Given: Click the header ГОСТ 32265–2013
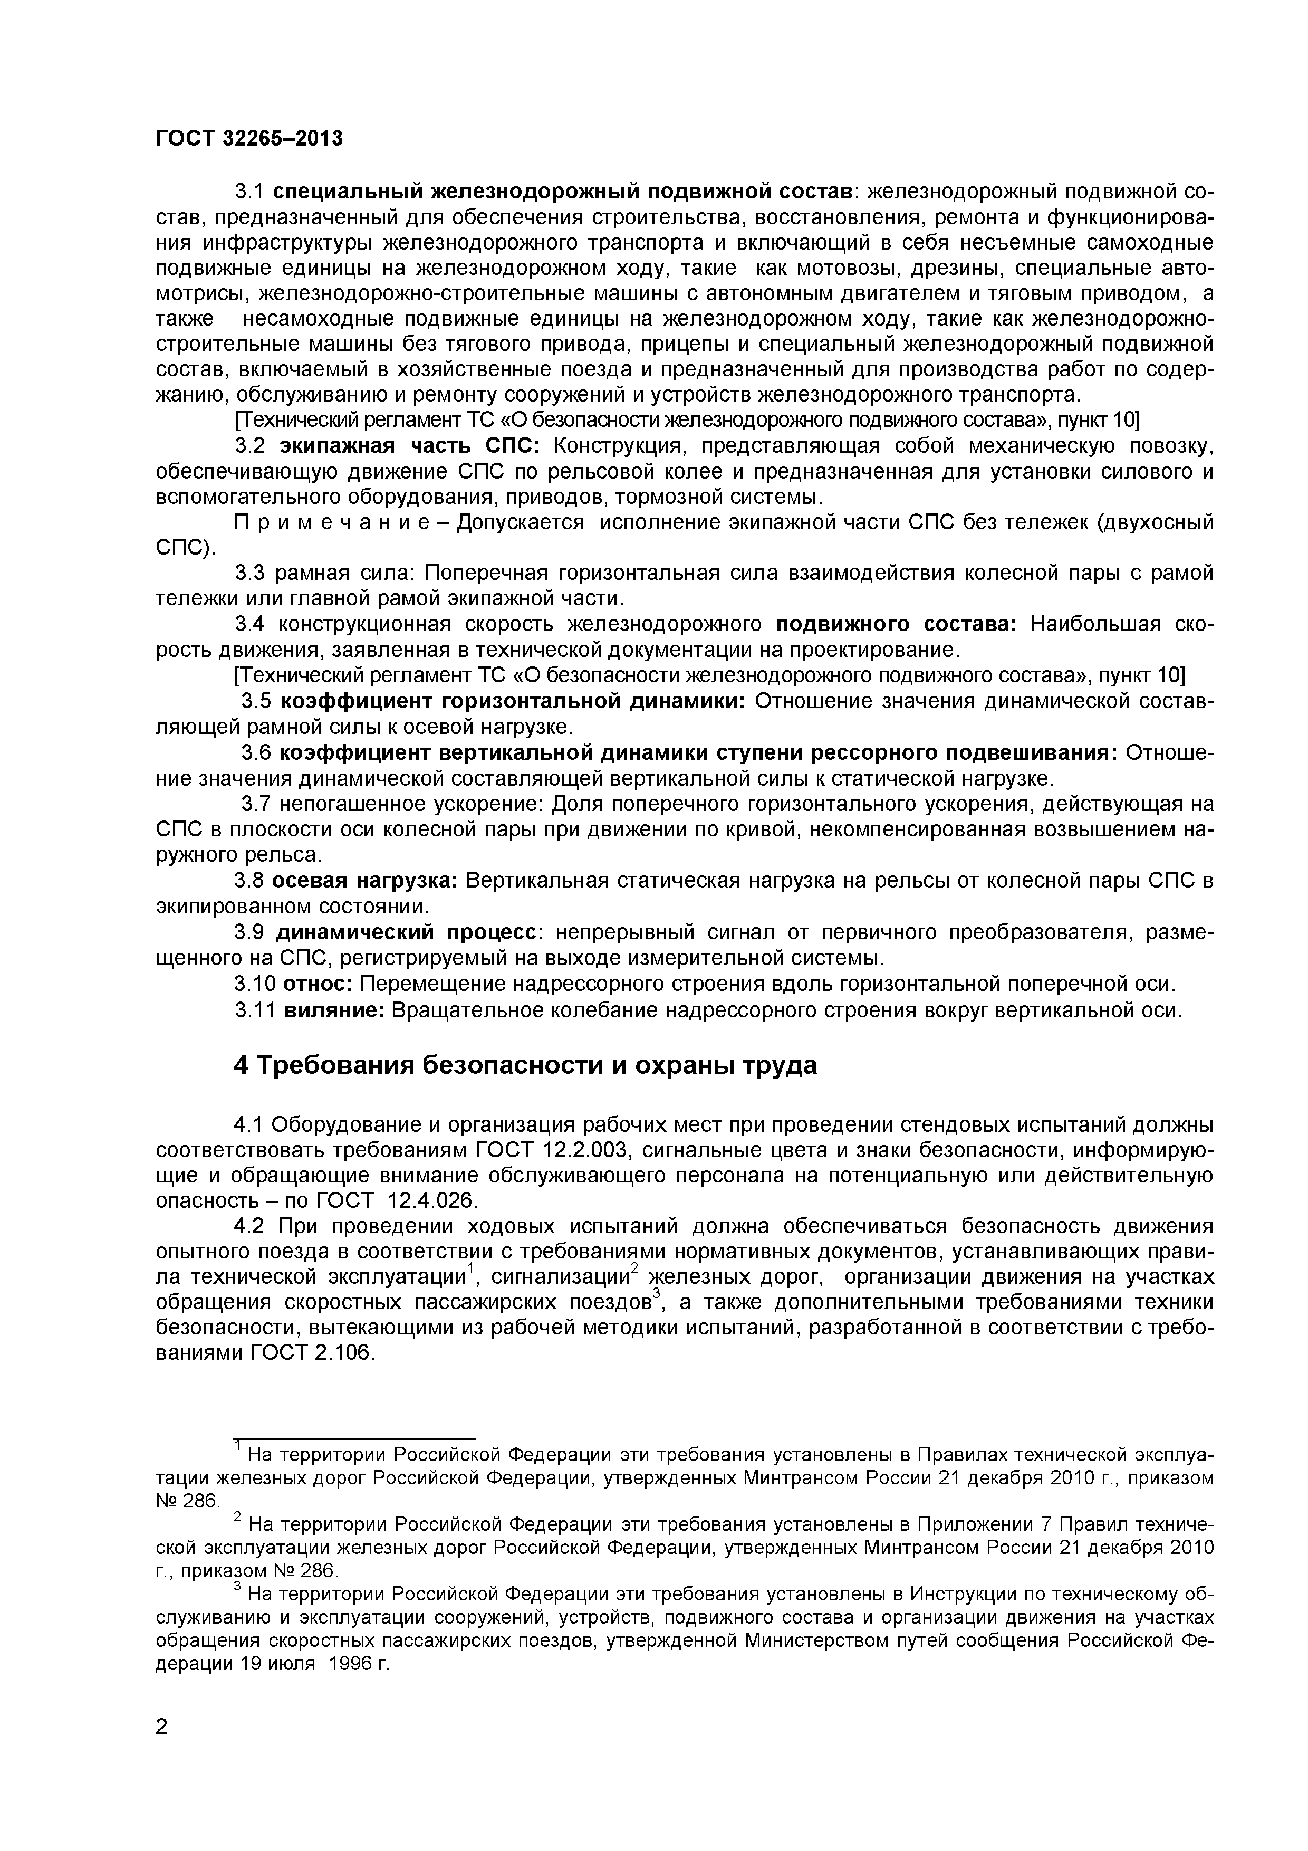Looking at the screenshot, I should click(x=248, y=139).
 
